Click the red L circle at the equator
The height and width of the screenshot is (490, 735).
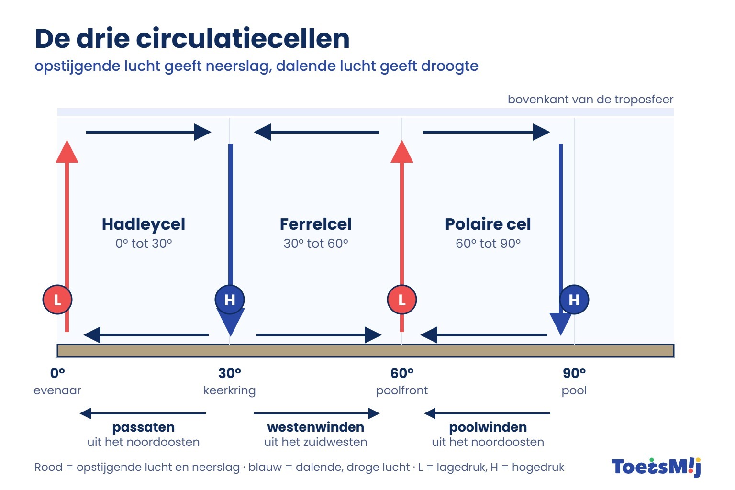click(57, 300)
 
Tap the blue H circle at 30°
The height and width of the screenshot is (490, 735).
click(230, 300)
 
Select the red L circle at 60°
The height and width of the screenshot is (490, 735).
click(402, 300)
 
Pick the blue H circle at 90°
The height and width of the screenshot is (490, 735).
click(574, 300)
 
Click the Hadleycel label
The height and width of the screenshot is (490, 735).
click(144, 224)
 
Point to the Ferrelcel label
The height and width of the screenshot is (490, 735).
click(316, 224)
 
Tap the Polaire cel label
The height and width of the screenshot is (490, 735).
click(488, 224)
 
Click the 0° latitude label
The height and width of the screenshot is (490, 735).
click(57, 373)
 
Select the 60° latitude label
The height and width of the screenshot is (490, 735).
click(402, 373)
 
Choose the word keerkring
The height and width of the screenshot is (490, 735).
click(230, 390)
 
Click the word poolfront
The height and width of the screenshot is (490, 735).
click(402, 390)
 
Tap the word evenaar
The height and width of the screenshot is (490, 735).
click(57, 390)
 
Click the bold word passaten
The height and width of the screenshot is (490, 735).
click(144, 427)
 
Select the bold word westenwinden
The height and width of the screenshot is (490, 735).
click(316, 427)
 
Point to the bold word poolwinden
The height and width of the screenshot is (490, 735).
click(488, 427)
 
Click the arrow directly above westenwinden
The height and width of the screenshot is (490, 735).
click(317, 413)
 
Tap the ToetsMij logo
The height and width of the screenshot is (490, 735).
click(656, 467)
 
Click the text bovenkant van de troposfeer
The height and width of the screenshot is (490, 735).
click(590, 100)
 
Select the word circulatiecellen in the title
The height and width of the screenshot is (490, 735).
click(243, 39)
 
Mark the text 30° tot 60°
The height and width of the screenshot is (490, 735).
click(316, 244)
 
